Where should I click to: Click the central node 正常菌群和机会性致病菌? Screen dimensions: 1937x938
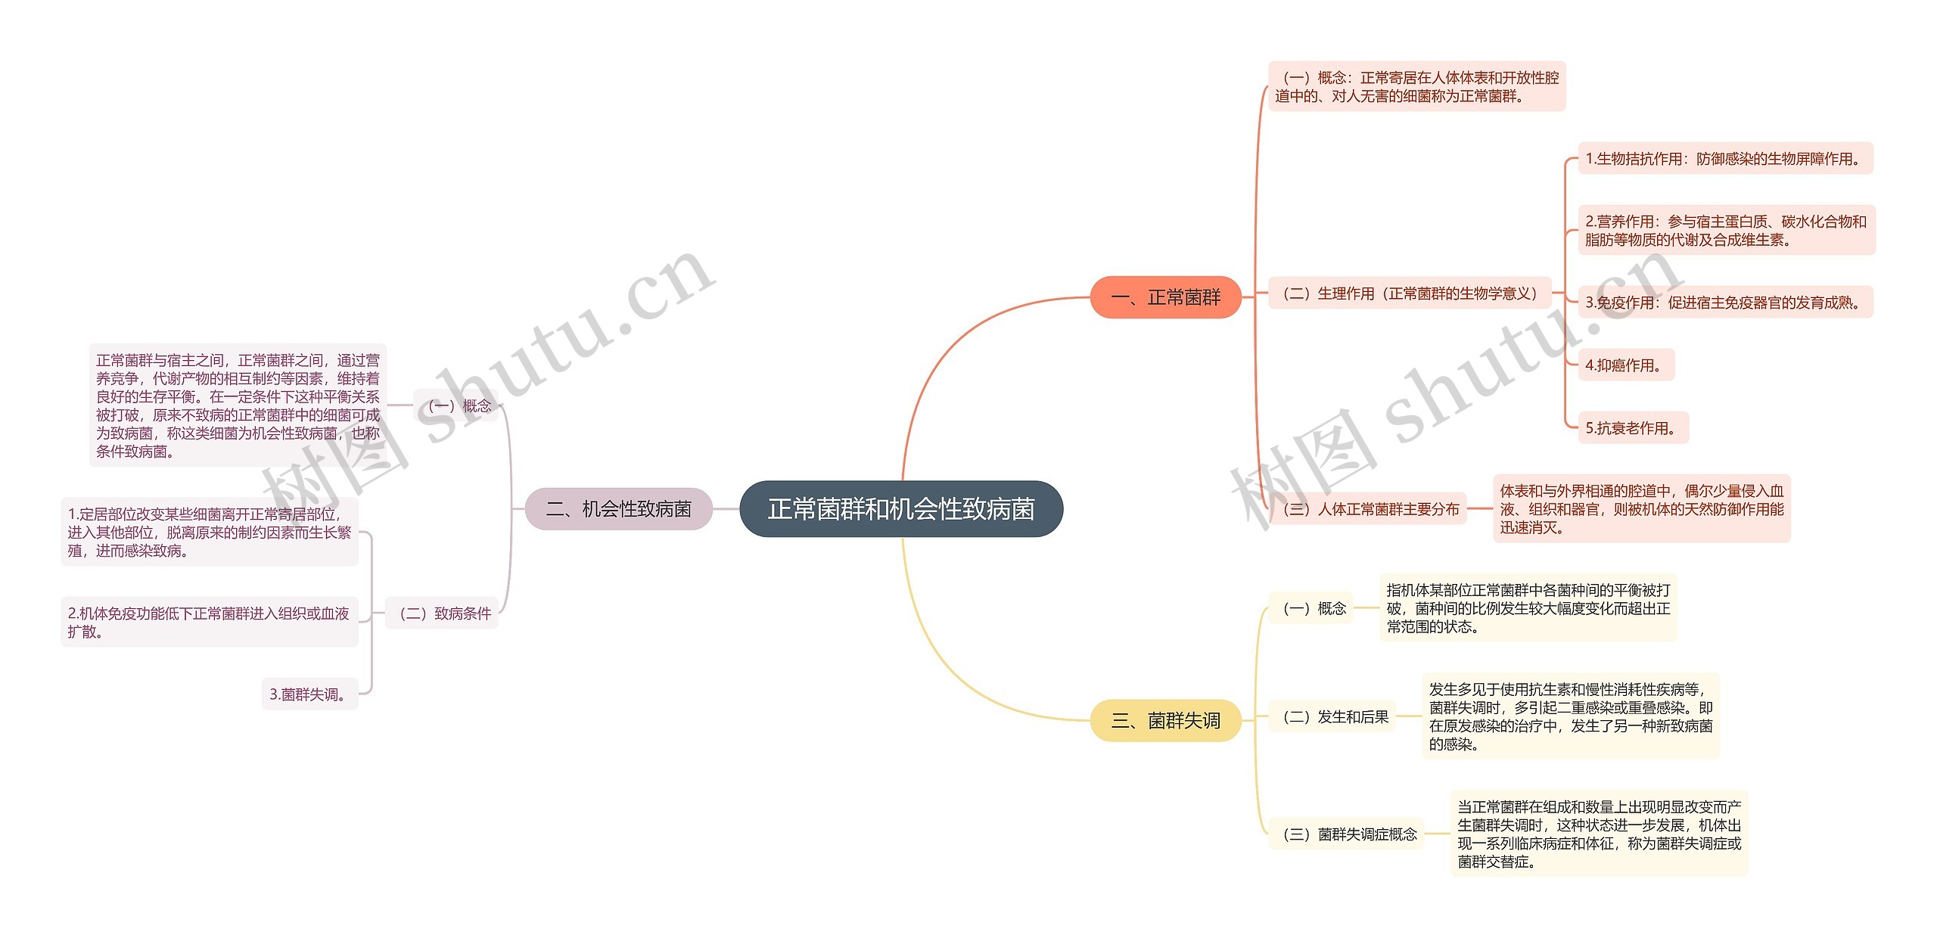[900, 509]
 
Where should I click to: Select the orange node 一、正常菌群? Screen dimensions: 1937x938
[1165, 297]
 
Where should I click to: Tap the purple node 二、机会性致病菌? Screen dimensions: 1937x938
[618, 509]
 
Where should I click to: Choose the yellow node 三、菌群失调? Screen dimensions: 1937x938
[1165, 720]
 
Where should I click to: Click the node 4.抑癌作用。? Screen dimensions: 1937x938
[1625, 365]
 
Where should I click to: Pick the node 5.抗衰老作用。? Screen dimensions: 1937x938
[1633, 428]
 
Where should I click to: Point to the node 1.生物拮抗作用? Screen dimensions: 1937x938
[1724, 159]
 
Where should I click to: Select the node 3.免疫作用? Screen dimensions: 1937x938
[1724, 303]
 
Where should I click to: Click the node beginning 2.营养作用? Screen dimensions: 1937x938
[1726, 231]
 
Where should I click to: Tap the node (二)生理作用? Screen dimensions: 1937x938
[1410, 294]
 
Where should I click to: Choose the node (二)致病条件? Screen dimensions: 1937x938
[443, 613]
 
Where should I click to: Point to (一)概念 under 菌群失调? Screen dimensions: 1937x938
[1314, 608]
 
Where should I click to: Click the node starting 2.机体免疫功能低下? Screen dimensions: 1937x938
[209, 623]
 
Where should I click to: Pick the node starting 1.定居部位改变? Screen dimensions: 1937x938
[209, 533]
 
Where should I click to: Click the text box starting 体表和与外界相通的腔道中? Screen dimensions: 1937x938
[1641, 509]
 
